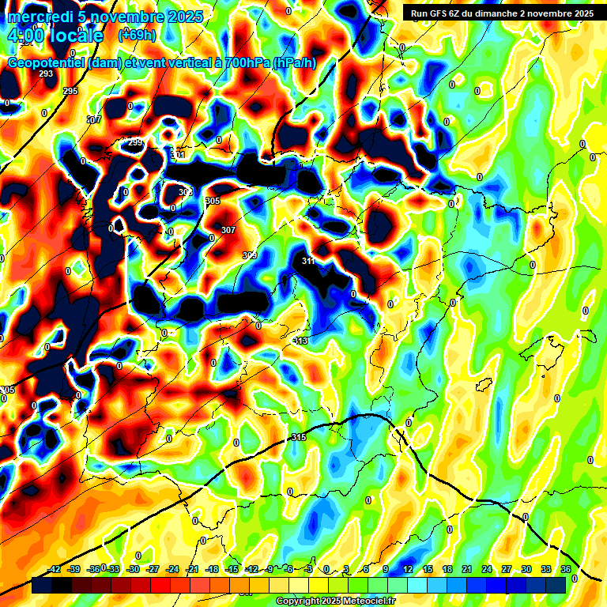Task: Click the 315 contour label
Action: (x=299, y=437)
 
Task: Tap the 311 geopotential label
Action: (x=308, y=261)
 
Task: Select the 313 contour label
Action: (x=300, y=341)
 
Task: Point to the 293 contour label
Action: (x=46, y=74)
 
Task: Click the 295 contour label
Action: (x=70, y=92)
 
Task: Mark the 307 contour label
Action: (x=228, y=230)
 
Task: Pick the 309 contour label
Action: (x=250, y=254)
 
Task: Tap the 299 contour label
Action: (x=135, y=142)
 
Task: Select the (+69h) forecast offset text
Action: (x=137, y=36)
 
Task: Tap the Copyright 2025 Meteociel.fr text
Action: (x=335, y=601)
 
